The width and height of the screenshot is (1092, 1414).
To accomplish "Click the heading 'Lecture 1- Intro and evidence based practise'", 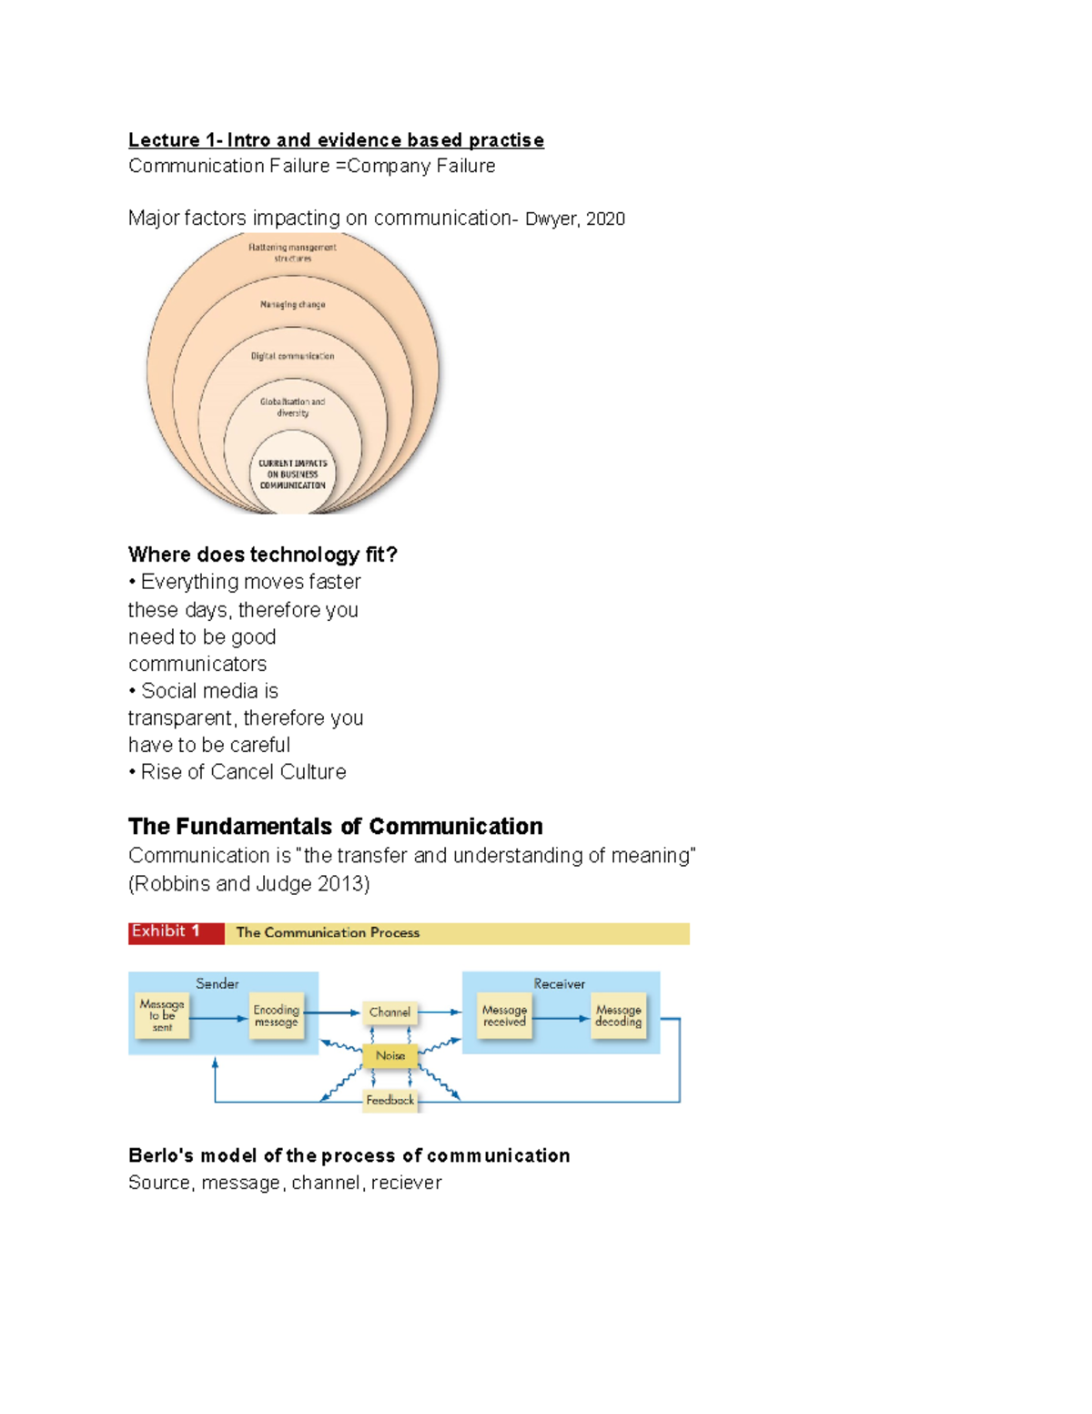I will [336, 140].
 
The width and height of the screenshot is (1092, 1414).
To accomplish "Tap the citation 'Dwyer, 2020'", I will [574, 219].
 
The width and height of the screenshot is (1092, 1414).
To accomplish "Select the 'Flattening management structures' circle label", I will [292, 252].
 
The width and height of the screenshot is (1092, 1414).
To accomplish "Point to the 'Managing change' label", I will [292, 304].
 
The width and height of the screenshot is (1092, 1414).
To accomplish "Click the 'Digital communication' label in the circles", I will [292, 356].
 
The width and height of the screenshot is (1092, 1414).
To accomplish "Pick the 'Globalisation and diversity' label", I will [292, 407].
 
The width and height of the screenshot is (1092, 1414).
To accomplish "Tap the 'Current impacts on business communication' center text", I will [292, 474].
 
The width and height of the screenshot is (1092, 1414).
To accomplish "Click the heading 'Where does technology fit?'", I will [262, 554].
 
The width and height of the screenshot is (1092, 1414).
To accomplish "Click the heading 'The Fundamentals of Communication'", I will [335, 826].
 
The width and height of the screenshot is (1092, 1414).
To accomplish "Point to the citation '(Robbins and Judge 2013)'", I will [248, 883].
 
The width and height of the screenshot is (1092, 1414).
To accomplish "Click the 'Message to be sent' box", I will [162, 1015].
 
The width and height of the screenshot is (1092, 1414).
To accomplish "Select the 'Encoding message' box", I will [276, 1015].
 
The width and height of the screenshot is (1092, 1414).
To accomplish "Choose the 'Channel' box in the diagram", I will [389, 1012].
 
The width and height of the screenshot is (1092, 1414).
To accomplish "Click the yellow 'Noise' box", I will [390, 1055].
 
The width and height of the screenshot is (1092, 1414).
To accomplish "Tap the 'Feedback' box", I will [389, 1100].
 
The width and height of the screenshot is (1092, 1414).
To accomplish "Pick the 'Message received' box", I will [504, 1015].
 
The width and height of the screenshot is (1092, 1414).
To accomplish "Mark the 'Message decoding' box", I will [619, 1015].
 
